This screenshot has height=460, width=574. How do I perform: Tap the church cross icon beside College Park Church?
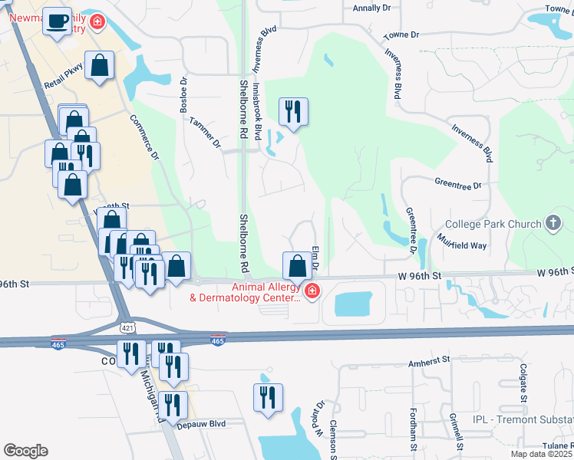pyautogui.click(x=553, y=224)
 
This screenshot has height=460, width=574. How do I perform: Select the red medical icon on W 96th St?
pyautogui.click(x=312, y=291)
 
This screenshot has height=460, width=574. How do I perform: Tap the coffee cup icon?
pyautogui.click(x=56, y=21)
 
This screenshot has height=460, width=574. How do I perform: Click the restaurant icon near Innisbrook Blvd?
pyautogui.click(x=293, y=112)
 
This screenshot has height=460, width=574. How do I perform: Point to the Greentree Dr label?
pyautogui.click(x=457, y=186)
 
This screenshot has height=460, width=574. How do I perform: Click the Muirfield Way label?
pyautogui.click(x=463, y=245)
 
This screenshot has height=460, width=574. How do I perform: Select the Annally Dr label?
pyautogui.click(x=371, y=8)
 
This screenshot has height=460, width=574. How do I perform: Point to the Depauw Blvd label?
pyautogui.click(x=201, y=423)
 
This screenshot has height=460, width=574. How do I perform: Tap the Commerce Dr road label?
pyautogui.click(x=143, y=138)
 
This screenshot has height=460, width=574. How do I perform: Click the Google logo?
pyautogui.click(x=25, y=451)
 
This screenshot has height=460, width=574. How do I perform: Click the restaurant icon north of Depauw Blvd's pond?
pyautogui.click(x=268, y=398)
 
